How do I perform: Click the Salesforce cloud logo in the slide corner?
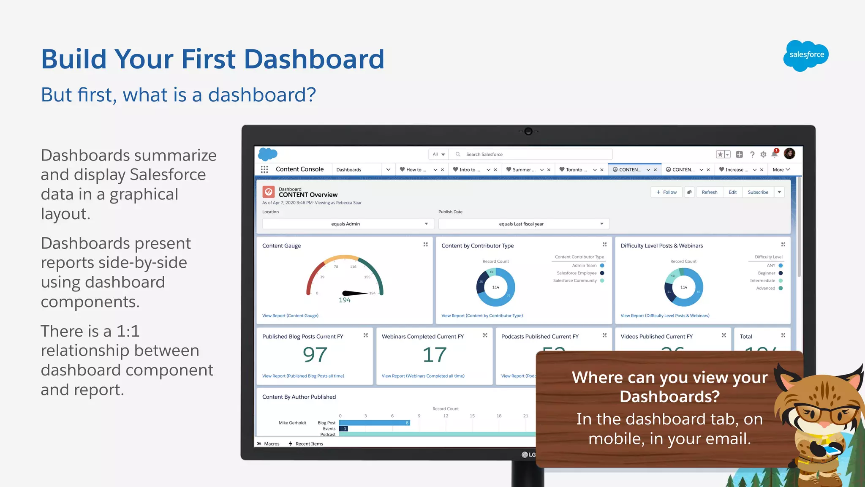click(806, 55)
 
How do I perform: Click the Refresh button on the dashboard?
click(710, 192)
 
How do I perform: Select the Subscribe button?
click(758, 192)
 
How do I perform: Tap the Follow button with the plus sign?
click(666, 192)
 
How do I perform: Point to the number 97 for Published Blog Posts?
click(315, 355)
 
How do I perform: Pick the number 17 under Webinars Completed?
click(435, 355)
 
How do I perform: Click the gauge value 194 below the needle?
click(345, 300)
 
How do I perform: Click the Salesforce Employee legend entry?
click(577, 273)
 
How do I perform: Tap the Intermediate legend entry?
click(763, 281)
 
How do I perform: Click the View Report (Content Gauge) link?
click(290, 316)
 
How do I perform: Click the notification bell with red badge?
click(775, 154)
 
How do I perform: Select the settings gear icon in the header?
click(763, 155)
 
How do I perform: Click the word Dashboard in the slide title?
click(314, 59)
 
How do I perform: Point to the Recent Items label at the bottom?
click(309, 444)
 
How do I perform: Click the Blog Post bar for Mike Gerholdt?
click(374, 423)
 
